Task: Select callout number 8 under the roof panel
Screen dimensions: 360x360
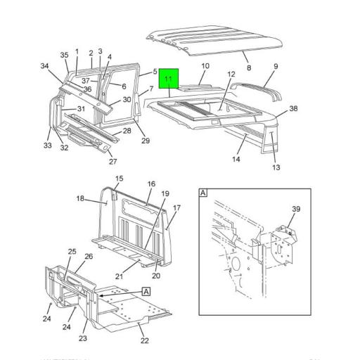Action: pyautogui.click(x=248, y=67)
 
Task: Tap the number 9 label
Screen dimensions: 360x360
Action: pyautogui.click(x=276, y=66)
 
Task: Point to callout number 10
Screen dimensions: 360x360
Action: pyautogui.click(x=205, y=67)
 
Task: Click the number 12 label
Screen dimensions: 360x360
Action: pyautogui.click(x=231, y=75)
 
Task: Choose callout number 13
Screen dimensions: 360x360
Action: pyautogui.click(x=276, y=167)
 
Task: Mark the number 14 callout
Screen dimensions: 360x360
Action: pyautogui.click(x=237, y=160)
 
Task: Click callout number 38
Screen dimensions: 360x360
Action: pyautogui.click(x=293, y=109)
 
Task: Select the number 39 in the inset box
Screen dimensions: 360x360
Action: pyautogui.click(x=297, y=209)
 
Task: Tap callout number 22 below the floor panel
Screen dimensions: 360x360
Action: pyautogui.click(x=145, y=341)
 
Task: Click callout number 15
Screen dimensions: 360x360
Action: pyautogui.click(x=119, y=179)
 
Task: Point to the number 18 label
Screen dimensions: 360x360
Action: pyautogui.click(x=80, y=199)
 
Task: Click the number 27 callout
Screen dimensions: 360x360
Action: pyautogui.click(x=112, y=161)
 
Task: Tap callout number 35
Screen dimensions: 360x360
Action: pyautogui.click(x=64, y=54)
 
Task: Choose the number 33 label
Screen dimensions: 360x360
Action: pyautogui.click(x=47, y=146)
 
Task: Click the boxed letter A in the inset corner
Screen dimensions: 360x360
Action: pyautogui.click(x=203, y=192)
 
